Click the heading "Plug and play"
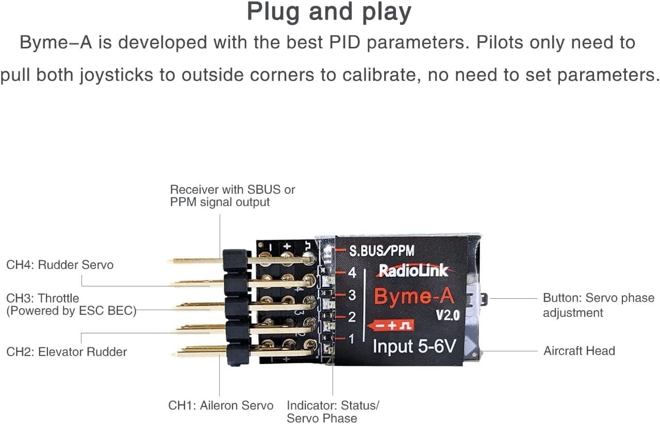(329, 12)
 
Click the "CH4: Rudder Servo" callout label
(60, 265)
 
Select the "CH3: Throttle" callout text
(43, 298)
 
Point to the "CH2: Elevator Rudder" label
(67, 352)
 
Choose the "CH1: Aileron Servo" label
(221, 405)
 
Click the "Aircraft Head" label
(579, 351)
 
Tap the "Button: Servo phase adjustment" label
(598, 305)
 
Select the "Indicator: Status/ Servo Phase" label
(333, 411)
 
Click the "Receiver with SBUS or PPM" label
(232, 196)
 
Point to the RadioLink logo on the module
(413, 270)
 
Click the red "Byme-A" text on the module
(415, 297)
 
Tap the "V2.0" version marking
(447, 315)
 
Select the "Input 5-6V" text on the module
(414, 346)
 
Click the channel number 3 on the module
(352, 295)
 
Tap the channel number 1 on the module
(352, 339)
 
